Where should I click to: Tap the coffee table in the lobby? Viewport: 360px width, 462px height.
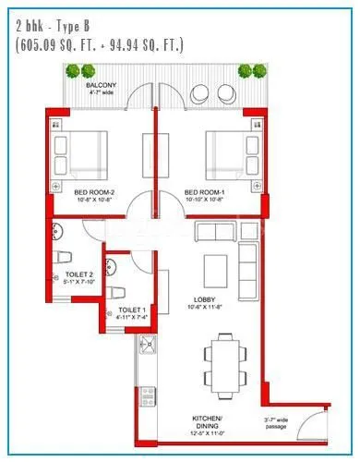(215, 269)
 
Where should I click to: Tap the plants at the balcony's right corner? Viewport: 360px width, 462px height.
(253, 70)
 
